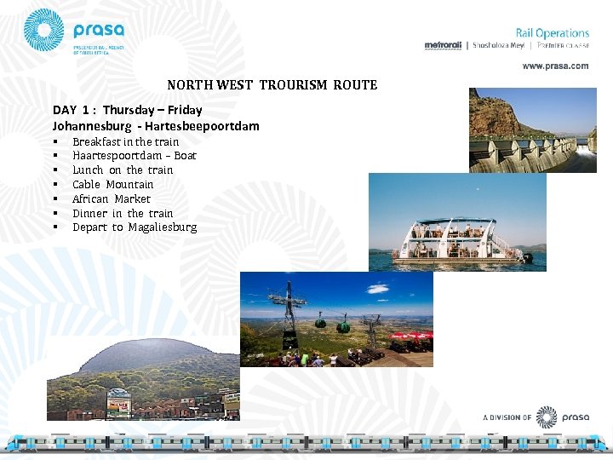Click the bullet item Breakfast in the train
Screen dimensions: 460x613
coord(125,141)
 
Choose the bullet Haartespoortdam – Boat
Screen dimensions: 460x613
coord(135,156)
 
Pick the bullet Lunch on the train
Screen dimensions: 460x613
coord(123,170)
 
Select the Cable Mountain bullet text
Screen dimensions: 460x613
coord(113,185)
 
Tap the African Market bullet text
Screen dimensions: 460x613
coord(112,199)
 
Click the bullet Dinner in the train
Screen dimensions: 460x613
coord(123,214)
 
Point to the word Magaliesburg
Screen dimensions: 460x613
coord(163,227)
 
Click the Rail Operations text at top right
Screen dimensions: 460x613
coord(552,33)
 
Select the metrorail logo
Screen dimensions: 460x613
coord(443,45)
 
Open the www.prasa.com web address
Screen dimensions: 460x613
coord(555,66)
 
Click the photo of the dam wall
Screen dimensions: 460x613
coord(532,129)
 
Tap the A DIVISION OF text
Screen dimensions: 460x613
coord(507,417)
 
